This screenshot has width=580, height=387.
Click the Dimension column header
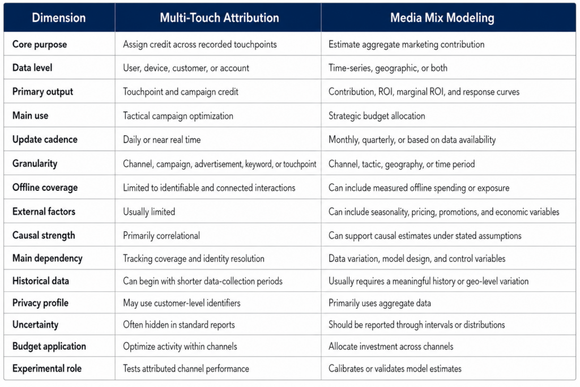tap(58, 18)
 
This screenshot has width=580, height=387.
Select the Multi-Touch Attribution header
tap(219, 18)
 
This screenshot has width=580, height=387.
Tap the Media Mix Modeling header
tap(442, 18)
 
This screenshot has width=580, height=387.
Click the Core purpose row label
tap(40, 44)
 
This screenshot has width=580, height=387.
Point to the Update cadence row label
tap(45, 139)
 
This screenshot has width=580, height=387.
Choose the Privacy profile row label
tap(40, 303)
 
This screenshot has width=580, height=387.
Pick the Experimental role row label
tap(46, 368)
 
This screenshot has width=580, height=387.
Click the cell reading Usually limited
tap(149, 212)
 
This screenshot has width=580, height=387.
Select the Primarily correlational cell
tap(161, 236)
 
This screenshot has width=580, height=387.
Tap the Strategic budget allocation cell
tap(377, 116)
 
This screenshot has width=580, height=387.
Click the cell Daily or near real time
tap(161, 140)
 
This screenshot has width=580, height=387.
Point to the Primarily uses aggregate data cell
tap(379, 303)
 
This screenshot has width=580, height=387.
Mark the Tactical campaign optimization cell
tap(178, 116)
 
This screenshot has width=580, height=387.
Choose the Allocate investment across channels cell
tap(391, 347)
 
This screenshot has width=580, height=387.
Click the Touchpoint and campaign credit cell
tap(181, 92)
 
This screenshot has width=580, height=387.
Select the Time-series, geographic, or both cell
tap(387, 68)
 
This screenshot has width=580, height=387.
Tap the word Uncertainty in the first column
tap(35, 325)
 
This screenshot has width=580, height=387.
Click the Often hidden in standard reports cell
tap(178, 325)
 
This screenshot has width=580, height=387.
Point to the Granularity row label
tap(35, 164)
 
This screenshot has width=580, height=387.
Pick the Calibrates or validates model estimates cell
tap(395, 369)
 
